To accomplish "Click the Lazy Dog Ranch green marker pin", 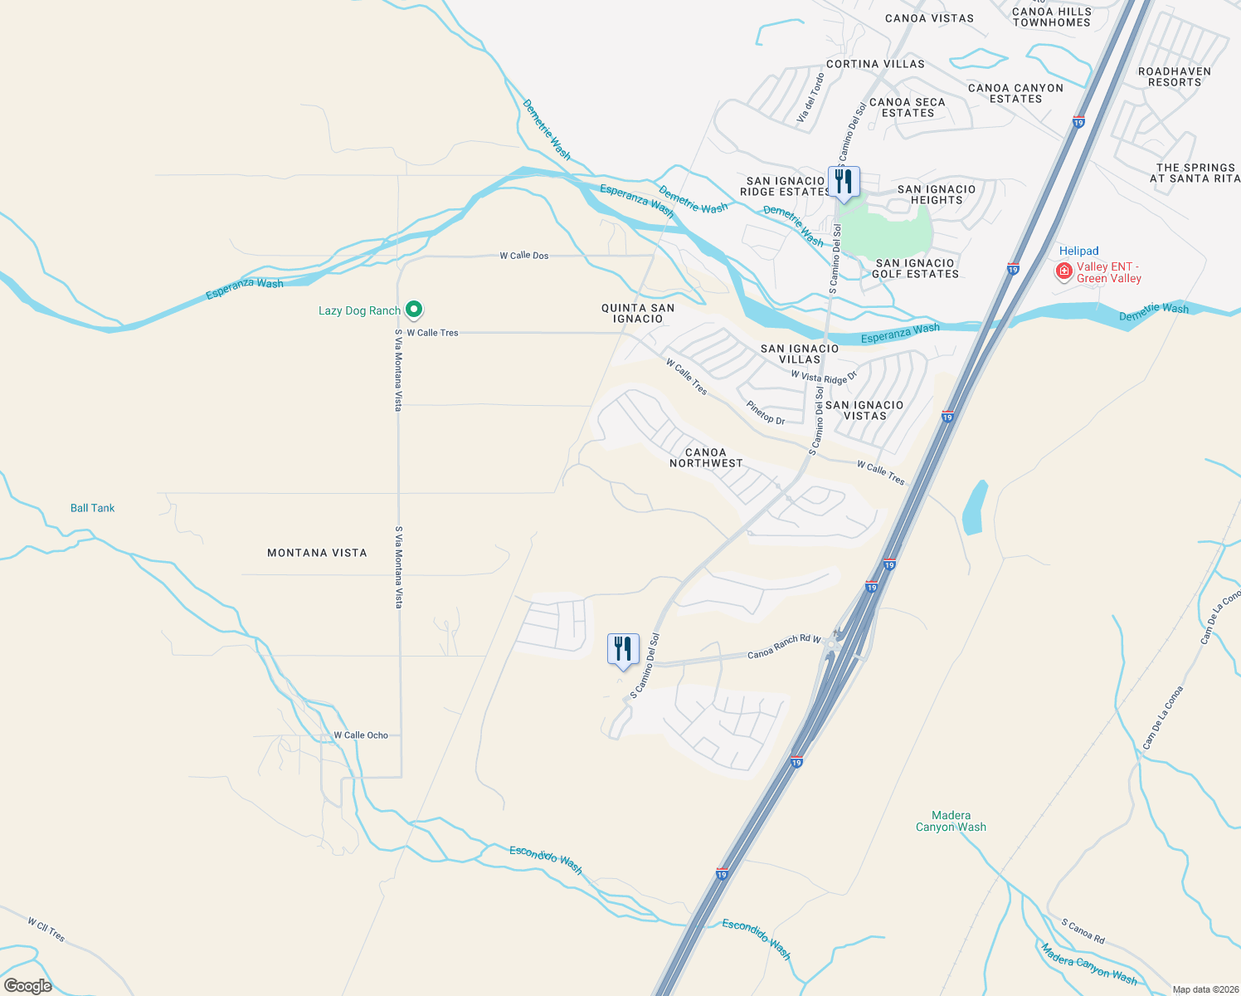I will (x=413, y=310).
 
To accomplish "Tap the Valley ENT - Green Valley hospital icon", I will (x=1063, y=271).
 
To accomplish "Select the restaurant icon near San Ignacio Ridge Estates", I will (x=843, y=182).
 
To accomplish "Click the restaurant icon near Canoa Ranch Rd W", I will (x=623, y=649).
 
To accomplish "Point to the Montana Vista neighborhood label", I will (x=317, y=553).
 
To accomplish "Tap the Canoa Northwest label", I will (x=706, y=458).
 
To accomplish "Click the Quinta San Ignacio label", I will (x=638, y=313).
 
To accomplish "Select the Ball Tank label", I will (x=92, y=508).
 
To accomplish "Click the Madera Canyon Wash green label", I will (x=951, y=821).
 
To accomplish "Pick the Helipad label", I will (x=1078, y=251).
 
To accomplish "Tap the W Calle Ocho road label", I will (x=361, y=735).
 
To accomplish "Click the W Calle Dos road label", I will (x=523, y=256).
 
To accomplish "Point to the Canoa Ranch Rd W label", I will (x=784, y=647).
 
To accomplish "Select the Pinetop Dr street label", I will (x=765, y=413).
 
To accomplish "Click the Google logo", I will (x=28, y=985).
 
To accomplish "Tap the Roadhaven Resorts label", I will (x=1174, y=76).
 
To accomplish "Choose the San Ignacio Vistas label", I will (x=864, y=410).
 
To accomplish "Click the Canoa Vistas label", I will (x=929, y=18).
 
